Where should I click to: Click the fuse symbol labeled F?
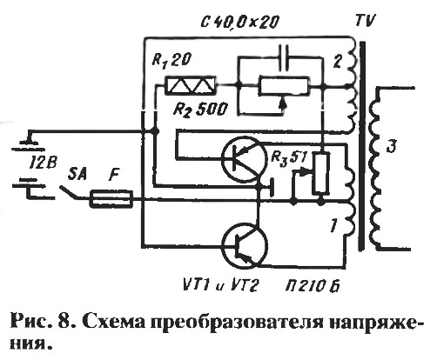point(111,198)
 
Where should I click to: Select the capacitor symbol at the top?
point(284,57)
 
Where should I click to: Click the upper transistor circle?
point(243,159)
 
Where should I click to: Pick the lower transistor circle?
point(244,245)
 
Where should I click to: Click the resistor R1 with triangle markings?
point(191,86)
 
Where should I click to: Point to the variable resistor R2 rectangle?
point(284,86)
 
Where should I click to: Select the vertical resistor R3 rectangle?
point(321,173)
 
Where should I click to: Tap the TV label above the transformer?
point(365,22)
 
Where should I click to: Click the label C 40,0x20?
point(240,23)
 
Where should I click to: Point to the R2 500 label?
point(199,110)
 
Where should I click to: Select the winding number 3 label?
point(392,147)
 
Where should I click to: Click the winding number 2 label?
point(337,62)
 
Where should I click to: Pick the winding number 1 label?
point(334,224)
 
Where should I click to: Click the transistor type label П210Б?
point(313,286)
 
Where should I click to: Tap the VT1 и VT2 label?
point(221,286)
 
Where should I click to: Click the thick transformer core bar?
point(361,146)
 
